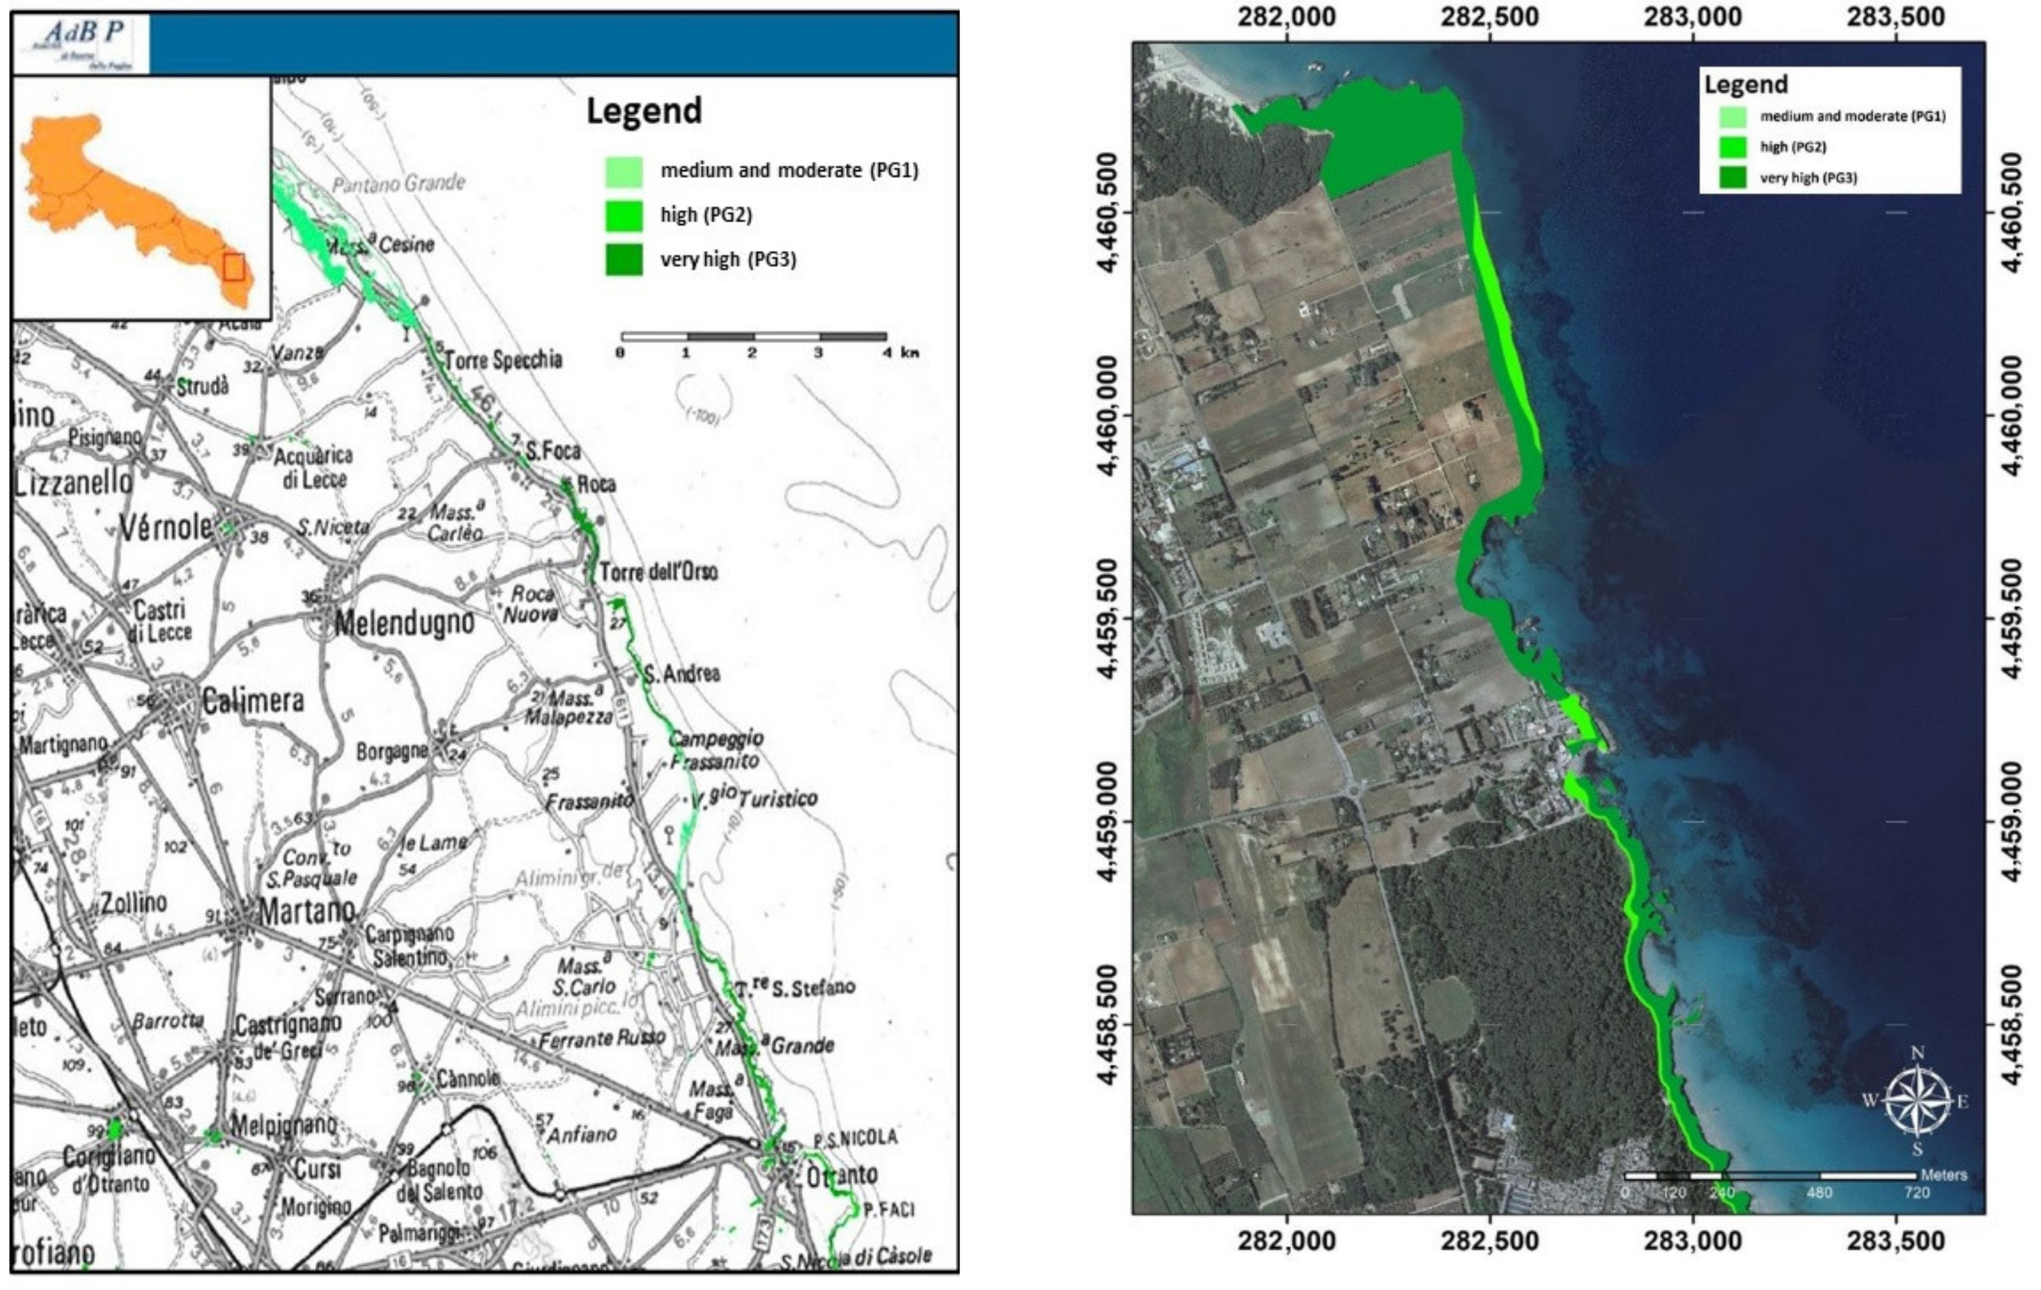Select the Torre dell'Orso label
(x=658, y=572)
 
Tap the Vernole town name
(x=167, y=527)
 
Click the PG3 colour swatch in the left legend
(x=624, y=259)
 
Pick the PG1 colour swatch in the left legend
(x=624, y=171)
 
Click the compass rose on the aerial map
(x=1916, y=1101)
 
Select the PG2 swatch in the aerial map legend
(x=1733, y=147)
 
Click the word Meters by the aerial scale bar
(x=1944, y=1175)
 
